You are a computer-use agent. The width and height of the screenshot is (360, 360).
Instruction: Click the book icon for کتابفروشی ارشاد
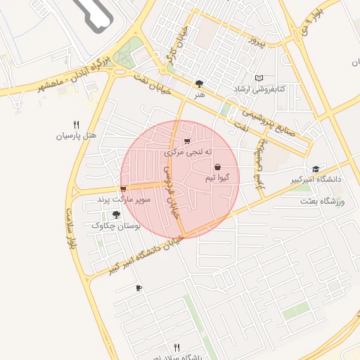(259, 78)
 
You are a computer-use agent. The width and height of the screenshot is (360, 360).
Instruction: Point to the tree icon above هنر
(200, 84)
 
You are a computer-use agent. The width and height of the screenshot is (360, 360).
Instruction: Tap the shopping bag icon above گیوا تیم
(217, 167)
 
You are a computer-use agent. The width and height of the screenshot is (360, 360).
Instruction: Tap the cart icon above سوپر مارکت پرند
(123, 189)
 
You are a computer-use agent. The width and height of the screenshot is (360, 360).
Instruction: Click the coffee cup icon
(139, 288)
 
